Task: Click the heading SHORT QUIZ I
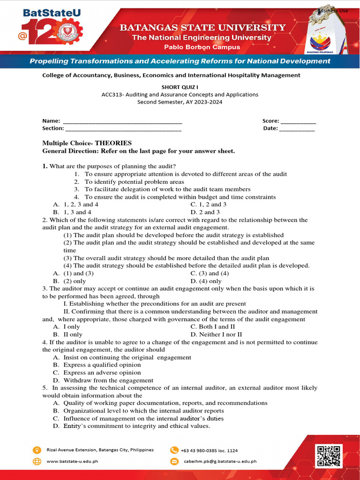(x=180, y=87)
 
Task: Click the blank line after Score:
(x=298, y=121)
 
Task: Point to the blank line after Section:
(x=123, y=128)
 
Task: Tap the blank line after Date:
(x=297, y=128)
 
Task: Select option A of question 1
(x=76, y=204)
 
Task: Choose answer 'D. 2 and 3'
(x=205, y=212)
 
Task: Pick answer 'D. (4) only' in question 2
(x=206, y=281)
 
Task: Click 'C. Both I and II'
(x=212, y=327)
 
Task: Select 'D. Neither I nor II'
(x=216, y=334)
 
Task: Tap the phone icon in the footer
(x=174, y=450)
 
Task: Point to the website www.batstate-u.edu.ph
(x=72, y=461)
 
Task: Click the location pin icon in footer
(x=37, y=450)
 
